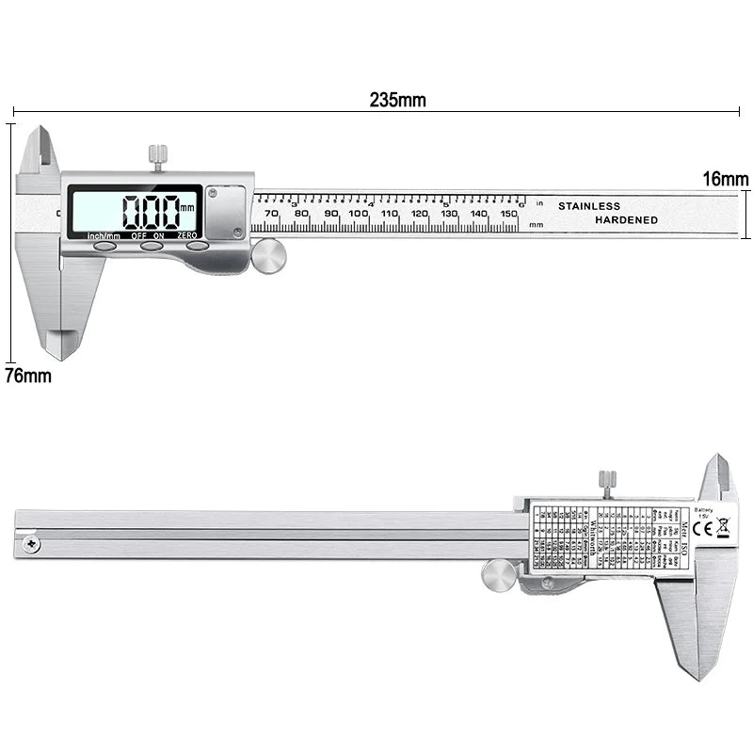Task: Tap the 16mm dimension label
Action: tap(726, 179)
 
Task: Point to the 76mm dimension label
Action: tap(28, 376)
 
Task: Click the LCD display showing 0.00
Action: tap(135, 209)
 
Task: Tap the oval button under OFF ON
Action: tap(152, 246)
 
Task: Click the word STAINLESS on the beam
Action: tap(589, 205)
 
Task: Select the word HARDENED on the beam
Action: tap(626, 219)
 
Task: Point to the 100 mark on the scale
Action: tap(359, 214)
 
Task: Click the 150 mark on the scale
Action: tap(508, 214)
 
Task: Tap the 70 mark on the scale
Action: tap(272, 214)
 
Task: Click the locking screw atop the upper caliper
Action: tap(157, 156)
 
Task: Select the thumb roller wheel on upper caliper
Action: tap(269, 256)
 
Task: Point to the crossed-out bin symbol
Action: tap(723, 528)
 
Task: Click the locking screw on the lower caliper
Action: tap(607, 483)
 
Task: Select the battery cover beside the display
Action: tap(226, 211)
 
